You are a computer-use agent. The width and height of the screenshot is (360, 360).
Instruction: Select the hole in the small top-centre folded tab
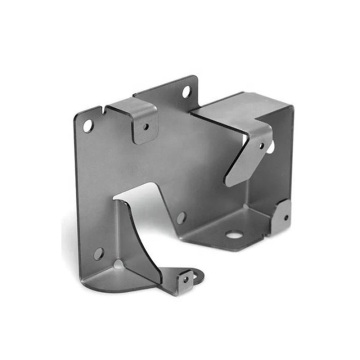pyautogui.click(x=146, y=127)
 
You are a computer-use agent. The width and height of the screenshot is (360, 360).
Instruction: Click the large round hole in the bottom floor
pyautogui.click(x=235, y=238)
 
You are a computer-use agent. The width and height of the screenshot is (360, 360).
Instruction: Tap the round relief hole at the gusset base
pyautogui.click(x=122, y=265)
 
